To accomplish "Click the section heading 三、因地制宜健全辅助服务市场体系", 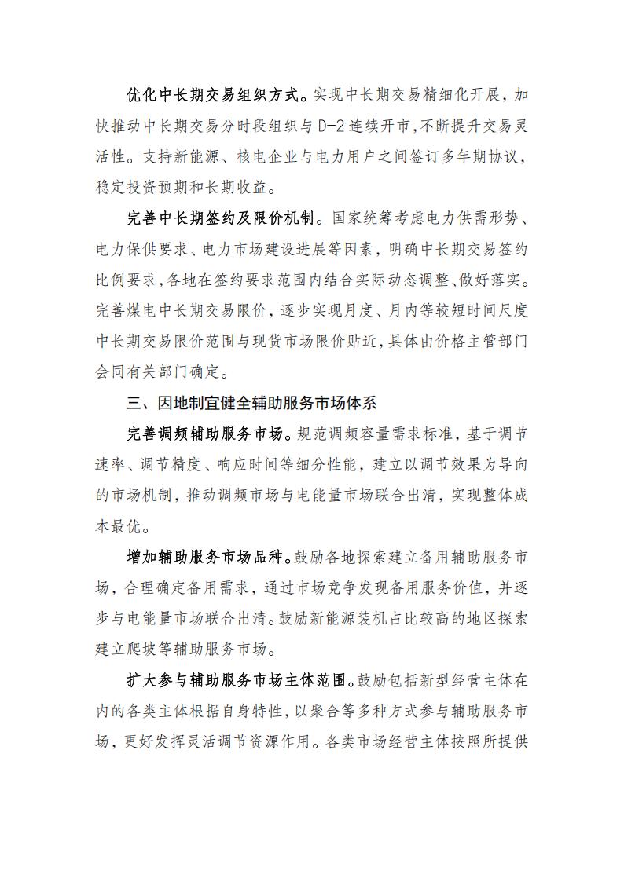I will pos(251,403).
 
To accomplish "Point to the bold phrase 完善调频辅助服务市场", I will pos(205,433).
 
